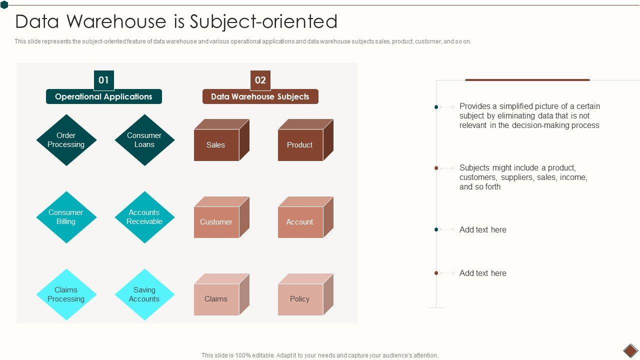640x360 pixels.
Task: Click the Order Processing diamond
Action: coord(66,140)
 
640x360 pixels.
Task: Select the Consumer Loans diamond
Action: coord(144,140)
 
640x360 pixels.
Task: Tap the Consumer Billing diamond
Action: coord(66,217)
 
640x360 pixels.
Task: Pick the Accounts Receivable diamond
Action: coord(144,217)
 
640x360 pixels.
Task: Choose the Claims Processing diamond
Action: coord(66,294)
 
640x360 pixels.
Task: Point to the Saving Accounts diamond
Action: coord(144,294)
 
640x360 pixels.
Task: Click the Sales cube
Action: coord(216,145)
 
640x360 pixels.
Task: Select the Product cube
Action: coord(300,145)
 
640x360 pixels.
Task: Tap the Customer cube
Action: coord(216,222)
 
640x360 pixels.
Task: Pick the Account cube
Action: coord(300,222)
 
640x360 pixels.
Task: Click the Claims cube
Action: coord(216,299)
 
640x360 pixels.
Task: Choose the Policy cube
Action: coord(300,299)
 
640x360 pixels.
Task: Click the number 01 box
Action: coord(103,80)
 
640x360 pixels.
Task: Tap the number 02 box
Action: coord(260,80)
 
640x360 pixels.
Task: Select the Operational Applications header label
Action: coord(103,96)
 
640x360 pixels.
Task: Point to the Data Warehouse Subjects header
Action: coord(260,96)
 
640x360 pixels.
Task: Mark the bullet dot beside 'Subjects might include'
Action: coord(436,168)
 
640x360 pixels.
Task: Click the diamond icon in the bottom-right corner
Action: coord(630,350)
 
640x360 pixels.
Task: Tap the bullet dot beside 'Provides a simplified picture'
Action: coord(436,107)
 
